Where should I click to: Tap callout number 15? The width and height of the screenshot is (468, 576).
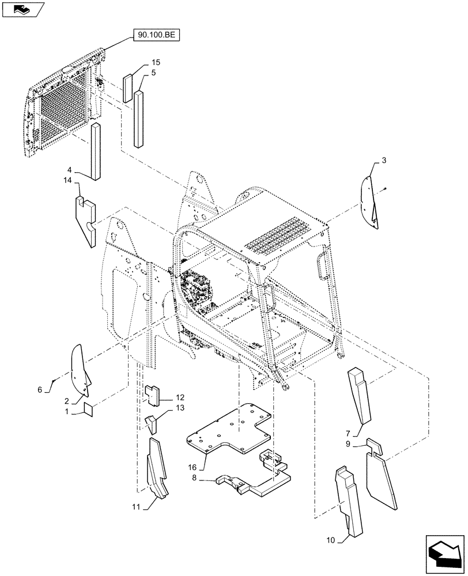156,62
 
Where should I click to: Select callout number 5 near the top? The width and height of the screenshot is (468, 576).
154,73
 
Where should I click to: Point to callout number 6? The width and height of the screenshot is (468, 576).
40,389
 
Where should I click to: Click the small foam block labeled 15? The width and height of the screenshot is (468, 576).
127,88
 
